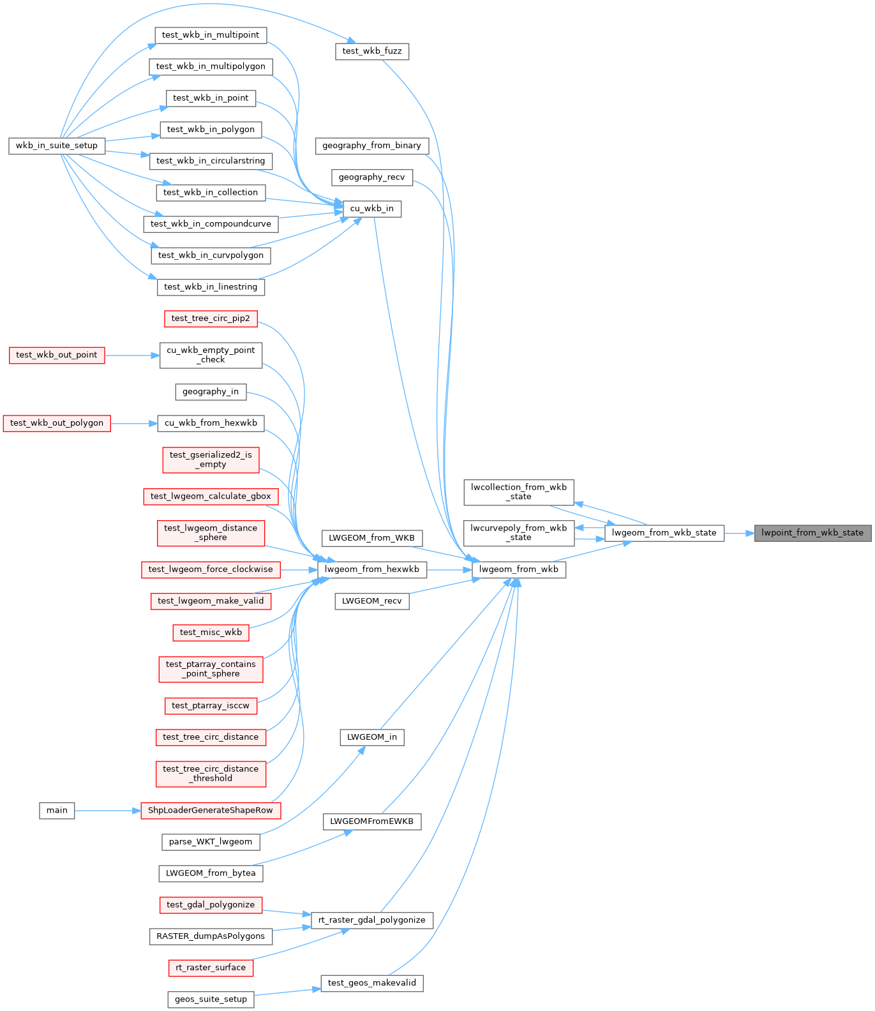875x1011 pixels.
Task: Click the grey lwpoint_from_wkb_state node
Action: [812, 533]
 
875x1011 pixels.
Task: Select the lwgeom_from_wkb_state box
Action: [664, 533]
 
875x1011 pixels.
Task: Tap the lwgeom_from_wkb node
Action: [518, 569]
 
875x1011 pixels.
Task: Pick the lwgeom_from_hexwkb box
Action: [371, 569]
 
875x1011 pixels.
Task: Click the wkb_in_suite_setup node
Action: [57, 146]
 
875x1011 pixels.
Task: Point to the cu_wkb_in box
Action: [371, 209]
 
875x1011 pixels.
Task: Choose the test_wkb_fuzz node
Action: [371, 51]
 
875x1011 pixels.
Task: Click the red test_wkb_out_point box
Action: [57, 355]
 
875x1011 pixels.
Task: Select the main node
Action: [57, 811]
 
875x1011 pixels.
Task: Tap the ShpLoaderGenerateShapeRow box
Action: [210, 811]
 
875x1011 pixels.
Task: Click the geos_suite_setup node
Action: [211, 1000]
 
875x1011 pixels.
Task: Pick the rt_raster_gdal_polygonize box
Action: [371, 920]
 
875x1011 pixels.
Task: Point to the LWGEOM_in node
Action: [371, 737]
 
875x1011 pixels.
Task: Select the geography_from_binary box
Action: [371, 146]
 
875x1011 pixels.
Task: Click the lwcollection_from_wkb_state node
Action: [518, 491]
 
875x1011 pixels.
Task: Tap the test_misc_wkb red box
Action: [211, 633]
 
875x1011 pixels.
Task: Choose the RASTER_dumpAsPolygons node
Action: [211, 936]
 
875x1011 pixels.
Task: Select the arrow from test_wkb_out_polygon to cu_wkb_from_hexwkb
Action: [134, 423]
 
